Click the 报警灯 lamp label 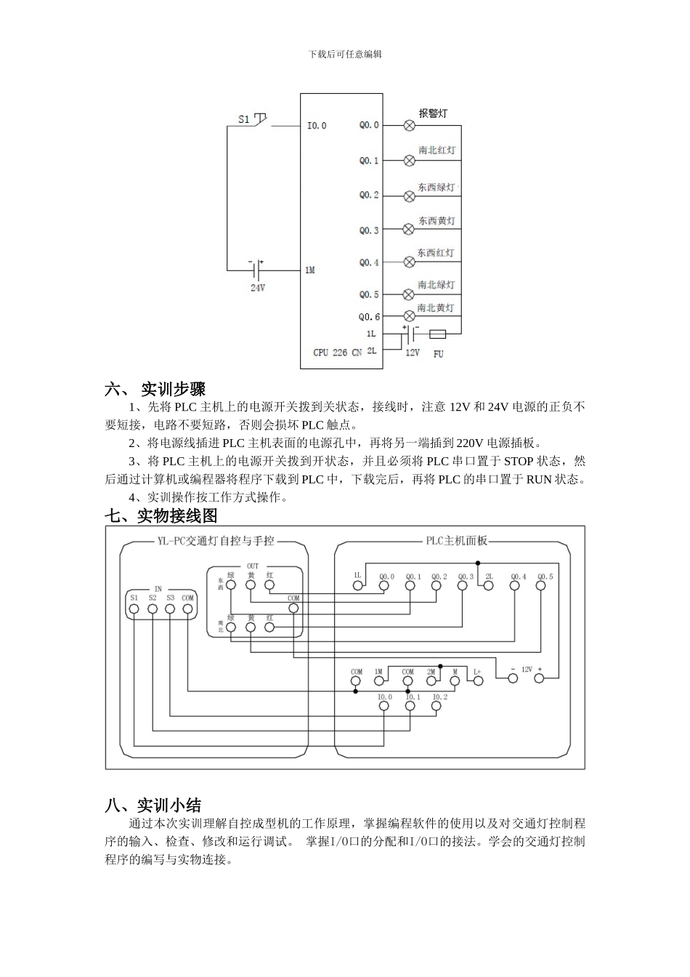click(x=433, y=113)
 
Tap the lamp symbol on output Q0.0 click(x=409, y=125)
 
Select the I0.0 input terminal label click(x=317, y=126)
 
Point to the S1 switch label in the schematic click(x=244, y=118)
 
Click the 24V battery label click(x=258, y=288)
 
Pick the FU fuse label click(x=438, y=354)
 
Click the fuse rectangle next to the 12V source click(x=438, y=334)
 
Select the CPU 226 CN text click(x=337, y=353)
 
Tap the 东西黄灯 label click(x=437, y=220)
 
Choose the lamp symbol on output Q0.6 click(x=408, y=317)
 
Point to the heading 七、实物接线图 click(x=161, y=516)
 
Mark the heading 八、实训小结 click(x=153, y=805)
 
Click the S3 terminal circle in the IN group click(x=170, y=609)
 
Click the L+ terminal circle click(x=478, y=681)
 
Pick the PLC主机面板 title click(x=457, y=541)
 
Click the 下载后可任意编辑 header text click(x=345, y=54)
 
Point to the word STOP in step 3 click(x=519, y=462)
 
